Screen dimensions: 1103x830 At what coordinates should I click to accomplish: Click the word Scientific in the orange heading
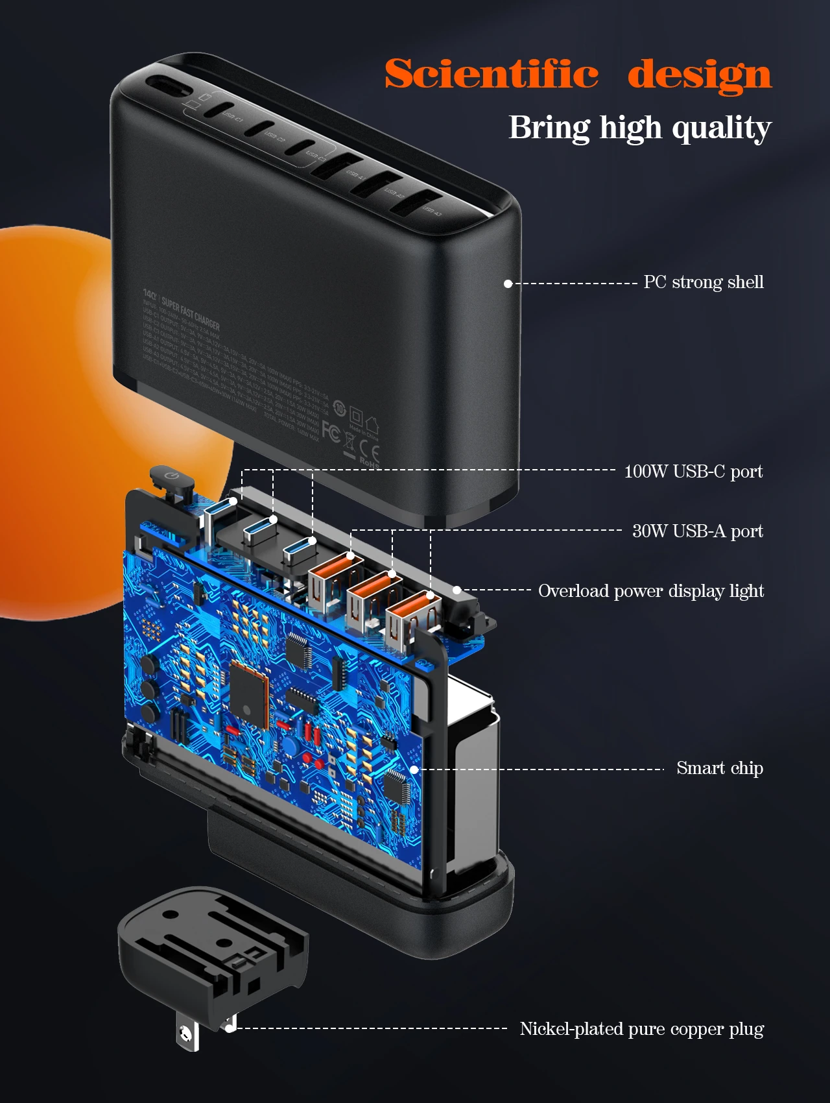pyautogui.click(x=492, y=74)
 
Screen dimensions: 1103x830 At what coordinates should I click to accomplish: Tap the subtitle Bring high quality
pyautogui.click(x=640, y=128)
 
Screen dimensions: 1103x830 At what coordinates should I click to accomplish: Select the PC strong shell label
pyautogui.click(x=704, y=282)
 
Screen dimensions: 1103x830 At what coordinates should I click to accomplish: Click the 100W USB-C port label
pyautogui.click(x=693, y=472)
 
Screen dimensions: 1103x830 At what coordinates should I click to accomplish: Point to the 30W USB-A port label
pyautogui.click(x=698, y=531)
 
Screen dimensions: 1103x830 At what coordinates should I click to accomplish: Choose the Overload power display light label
pyautogui.click(x=651, y=591)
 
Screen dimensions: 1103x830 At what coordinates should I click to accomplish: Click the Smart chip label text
pyautogui.click(x=720, y=768)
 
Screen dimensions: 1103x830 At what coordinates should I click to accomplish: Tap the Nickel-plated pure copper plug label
pyautogui.click(x=642, y=1029)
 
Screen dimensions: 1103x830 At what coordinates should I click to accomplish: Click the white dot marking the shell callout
pyautogui.click(x=508, y=284)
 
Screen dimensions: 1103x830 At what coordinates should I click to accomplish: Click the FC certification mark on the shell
pyautogui.click(x=331, y=432)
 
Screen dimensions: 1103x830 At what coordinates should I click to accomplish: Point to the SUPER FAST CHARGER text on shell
pyautogui.click(x=191, y=313)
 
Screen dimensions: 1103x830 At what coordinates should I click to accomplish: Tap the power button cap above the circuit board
pyautogui.click(x=171, y=479)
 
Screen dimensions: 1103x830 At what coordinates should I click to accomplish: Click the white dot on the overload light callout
pyautogui.click(x=457, y=590)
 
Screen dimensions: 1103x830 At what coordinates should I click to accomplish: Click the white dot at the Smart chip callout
pyautogui.click(x=414, y=770)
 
